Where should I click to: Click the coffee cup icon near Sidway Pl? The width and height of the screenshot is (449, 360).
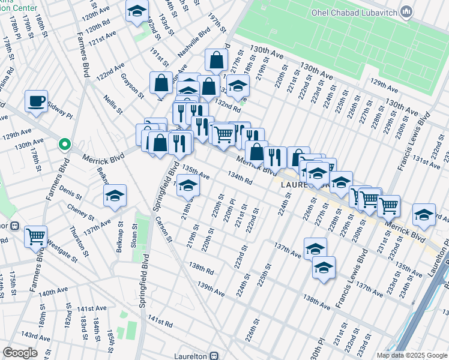pyautogui.click(x=36, y=101)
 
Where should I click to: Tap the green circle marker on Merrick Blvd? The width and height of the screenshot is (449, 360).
pyautogui.click(x=65, y=145)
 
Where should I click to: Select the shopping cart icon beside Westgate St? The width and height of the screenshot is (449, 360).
pyautogui.click(x=36, y=236)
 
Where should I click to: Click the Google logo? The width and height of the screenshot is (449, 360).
pyautogui.click(x=20, y=353)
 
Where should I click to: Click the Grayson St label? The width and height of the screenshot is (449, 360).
pyautogui.click(x=132, y=85)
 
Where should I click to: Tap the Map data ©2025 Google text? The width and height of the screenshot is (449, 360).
pyautogui.click(x=412, y=355)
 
